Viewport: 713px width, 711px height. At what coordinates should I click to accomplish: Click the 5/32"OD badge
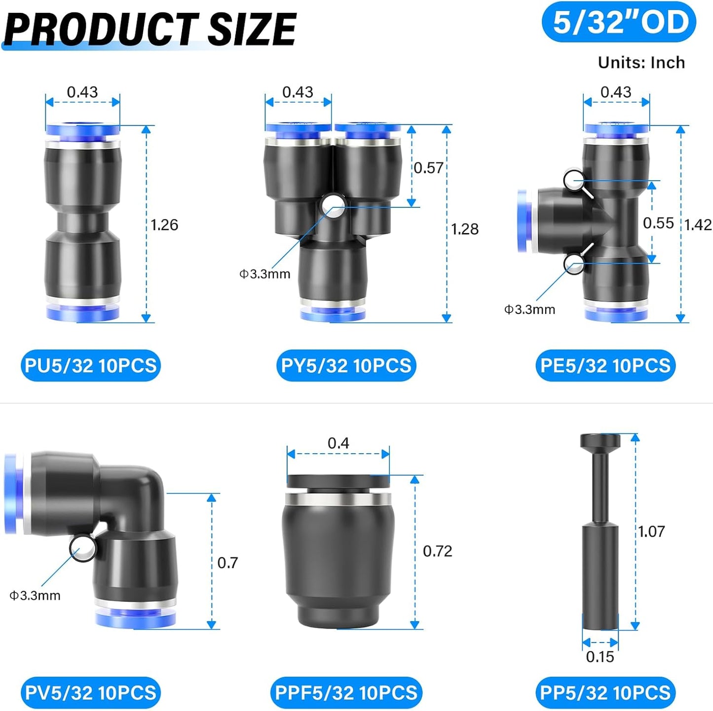619,23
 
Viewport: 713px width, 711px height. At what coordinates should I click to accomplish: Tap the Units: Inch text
641,63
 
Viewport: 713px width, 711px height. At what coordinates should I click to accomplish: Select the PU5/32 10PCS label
91,365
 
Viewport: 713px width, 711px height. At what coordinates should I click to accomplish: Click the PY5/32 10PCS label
346,365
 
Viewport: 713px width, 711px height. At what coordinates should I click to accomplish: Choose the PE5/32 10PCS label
605,365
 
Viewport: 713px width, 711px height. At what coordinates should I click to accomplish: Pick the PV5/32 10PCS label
91,692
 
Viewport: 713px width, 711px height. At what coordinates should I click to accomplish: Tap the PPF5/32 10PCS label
346,692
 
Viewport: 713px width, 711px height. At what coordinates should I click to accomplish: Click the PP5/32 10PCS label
605,692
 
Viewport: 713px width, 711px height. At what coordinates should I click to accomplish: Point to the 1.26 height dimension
164,225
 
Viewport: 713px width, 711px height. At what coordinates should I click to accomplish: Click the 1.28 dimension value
465,229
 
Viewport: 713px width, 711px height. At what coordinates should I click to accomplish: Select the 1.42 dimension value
698,225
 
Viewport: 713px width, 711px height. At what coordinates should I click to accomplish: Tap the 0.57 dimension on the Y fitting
428,168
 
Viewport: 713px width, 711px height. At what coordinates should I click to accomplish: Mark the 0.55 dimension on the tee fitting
658,223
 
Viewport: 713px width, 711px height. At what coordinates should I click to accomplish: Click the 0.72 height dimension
438,551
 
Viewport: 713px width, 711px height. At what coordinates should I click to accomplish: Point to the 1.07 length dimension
651,532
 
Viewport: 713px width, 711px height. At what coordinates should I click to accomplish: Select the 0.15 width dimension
600,657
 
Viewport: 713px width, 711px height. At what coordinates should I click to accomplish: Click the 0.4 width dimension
338,443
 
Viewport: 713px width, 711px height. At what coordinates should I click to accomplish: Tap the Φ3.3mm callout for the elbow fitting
35,595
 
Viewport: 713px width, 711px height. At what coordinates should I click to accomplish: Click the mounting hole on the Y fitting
333,206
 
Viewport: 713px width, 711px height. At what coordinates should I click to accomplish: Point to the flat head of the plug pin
600,440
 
